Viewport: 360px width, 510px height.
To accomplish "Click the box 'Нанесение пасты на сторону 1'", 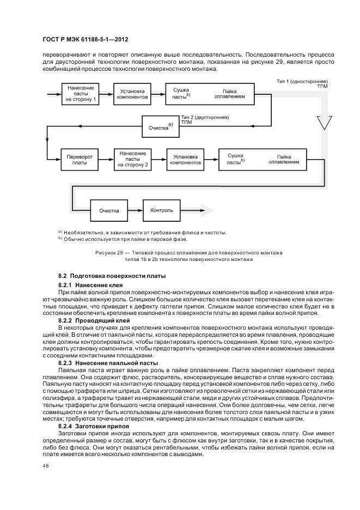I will [x=81, y=93].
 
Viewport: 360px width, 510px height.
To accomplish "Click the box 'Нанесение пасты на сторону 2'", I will [x=132, y=159].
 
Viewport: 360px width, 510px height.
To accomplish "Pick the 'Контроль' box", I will [x=162, y=210].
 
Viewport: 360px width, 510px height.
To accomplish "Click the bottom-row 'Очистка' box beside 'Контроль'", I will [x=109, y=210].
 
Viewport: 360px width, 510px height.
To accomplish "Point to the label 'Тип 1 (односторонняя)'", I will [x=302, y=81].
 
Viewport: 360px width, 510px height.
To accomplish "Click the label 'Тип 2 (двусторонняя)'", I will [x=205, y=117].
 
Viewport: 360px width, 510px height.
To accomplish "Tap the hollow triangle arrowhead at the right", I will [x=323, y=123].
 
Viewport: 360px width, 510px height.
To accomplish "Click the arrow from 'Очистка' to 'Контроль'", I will [x=135, y=210].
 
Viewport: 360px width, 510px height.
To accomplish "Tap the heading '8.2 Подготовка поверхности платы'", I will [x=112, y=277].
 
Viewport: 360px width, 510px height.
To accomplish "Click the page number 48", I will [x=45, y=466].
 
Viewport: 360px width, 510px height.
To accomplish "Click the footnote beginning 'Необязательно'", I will [x=144, y=233].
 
